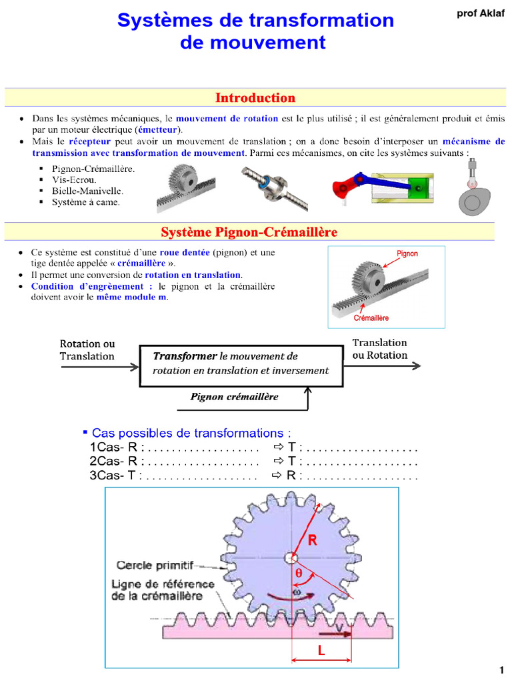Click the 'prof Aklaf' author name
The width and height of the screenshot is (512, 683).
(x=481, y=13)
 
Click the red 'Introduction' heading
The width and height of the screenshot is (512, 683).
(x=255, y=97)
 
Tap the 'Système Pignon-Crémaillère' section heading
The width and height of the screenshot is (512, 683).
(x=249, y=231)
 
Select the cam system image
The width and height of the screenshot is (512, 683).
(x=474, y=187)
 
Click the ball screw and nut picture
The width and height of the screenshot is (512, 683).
(x=275, y=187)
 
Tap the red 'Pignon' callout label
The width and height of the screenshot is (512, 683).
(x=407, y=253)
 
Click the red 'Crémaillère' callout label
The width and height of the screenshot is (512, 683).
(x=371, y=318)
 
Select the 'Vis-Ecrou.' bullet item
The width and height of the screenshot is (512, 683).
(x=74, y=180)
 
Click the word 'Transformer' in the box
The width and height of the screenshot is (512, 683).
(x=185, y=356)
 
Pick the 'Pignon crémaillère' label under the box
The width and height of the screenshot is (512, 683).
(x=234, y=396)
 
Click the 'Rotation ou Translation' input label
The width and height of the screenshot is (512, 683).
(x=87, y=350)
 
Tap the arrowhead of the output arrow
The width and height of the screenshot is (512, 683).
(x=417, y=366)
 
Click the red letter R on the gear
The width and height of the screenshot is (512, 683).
(x=312, y=540)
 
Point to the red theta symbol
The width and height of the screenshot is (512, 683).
(x=299, y=573)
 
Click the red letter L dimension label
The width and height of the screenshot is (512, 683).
(x=321, y=651)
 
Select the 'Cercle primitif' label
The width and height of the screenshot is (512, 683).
(x=155, y=566)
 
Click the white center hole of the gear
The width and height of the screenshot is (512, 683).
(x=291, y=558)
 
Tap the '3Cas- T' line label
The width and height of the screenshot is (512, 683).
(x=113, y=475)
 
